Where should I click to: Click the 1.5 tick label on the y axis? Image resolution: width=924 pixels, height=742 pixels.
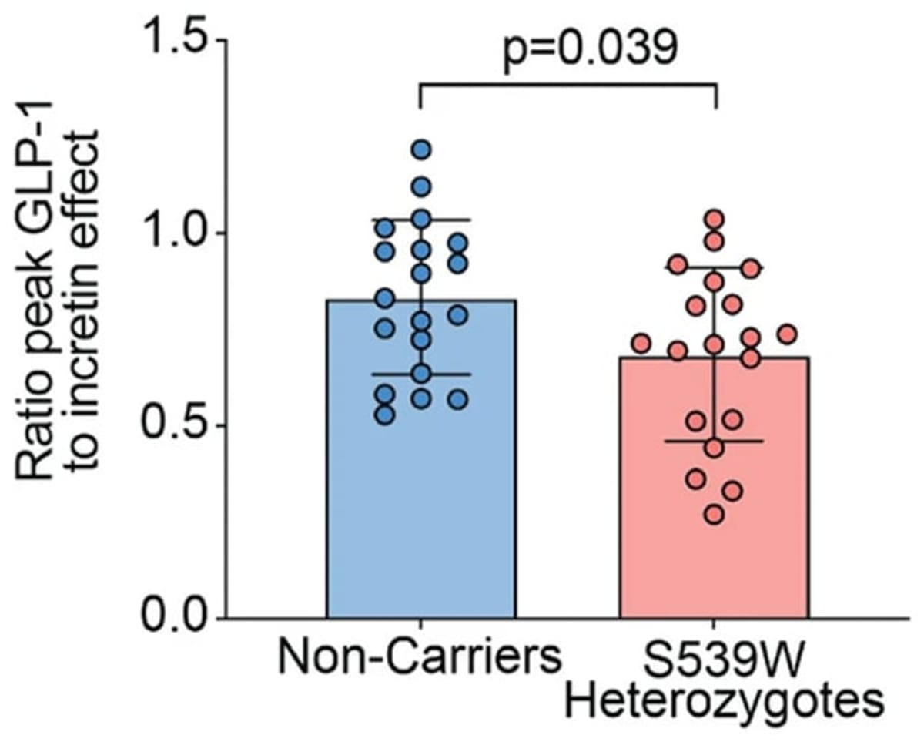[176, 40]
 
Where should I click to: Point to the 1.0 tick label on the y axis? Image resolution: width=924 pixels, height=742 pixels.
[176, 233]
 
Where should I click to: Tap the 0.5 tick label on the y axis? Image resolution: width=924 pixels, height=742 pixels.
[176, 425]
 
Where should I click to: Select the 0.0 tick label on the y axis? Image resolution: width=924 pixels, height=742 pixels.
[176, 618]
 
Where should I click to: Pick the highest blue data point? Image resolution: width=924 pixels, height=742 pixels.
[421, 149]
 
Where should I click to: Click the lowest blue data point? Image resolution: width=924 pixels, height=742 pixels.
[385, 415]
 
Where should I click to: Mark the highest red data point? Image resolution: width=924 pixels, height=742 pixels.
[714, 219]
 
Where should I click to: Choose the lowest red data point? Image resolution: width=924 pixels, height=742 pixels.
[714, 515]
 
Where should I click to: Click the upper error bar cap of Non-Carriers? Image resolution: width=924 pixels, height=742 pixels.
[421, 220]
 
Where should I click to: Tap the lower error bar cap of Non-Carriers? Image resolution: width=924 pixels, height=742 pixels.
[421, 374]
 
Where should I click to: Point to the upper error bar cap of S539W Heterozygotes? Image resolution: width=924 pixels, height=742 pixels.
[714, 267]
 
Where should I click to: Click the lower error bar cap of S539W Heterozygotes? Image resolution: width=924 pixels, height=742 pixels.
[714, 441]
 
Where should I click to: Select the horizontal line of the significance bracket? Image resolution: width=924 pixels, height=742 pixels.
[568, 86]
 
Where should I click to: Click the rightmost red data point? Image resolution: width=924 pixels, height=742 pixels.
[786, 334]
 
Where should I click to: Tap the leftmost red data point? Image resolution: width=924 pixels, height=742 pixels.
[641, 343]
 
